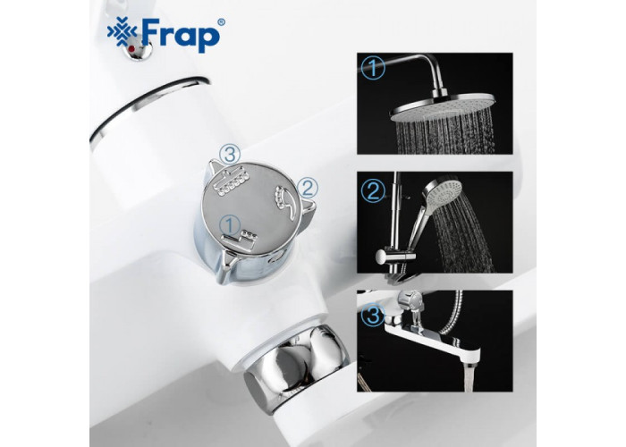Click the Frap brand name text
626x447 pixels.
coord(181,35)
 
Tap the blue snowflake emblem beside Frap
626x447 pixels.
coord(123,32)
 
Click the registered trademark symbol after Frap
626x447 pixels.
coord(221,22)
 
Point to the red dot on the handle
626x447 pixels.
coord(131,48)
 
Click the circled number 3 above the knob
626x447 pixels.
coord(231,154)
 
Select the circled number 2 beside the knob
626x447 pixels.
coord(308,188)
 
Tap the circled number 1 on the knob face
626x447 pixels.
coord(230,225)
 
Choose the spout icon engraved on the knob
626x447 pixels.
coord(240,240)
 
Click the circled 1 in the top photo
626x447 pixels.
coord(373,68)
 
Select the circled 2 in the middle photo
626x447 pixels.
coord(373,190)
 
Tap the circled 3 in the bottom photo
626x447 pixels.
coord(373,314)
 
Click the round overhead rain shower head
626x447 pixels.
coord(443,107)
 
